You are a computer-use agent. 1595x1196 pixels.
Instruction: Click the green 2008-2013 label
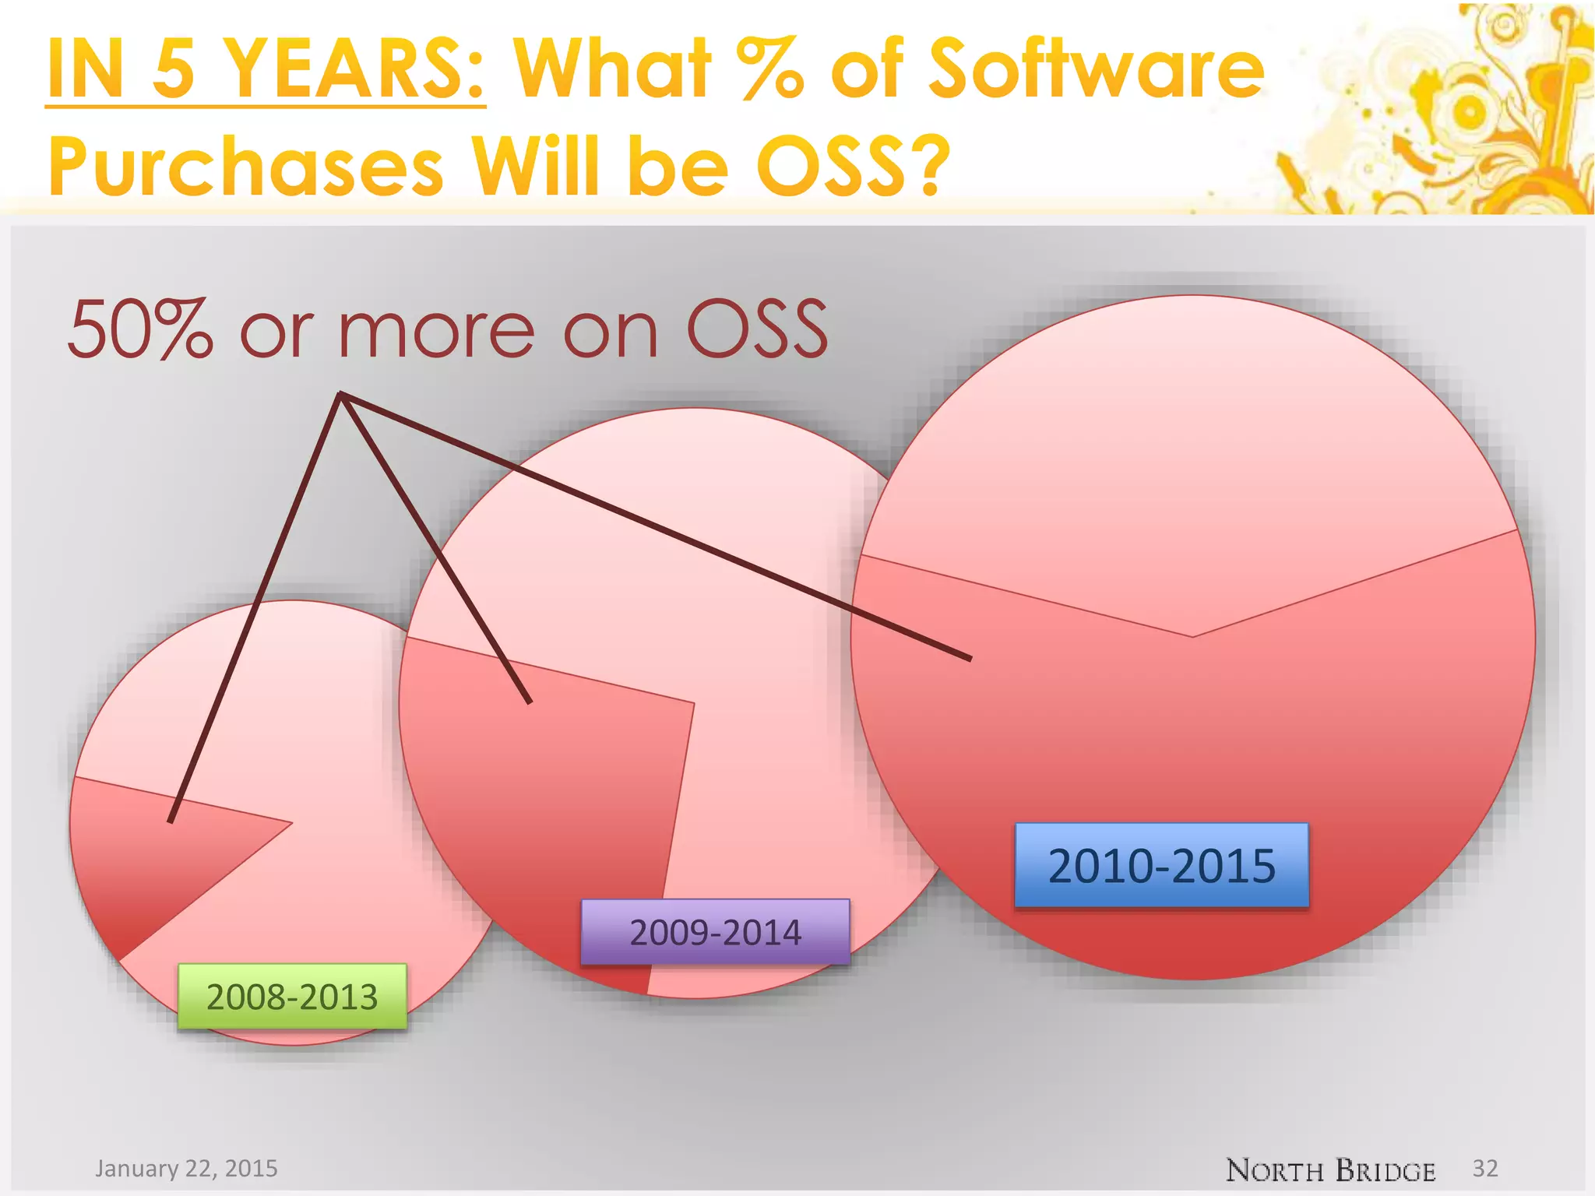[x=292, y=997]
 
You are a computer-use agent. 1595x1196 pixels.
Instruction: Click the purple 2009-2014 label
[x=715, y=932]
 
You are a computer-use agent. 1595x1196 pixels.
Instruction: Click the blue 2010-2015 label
[x=1161, y=865]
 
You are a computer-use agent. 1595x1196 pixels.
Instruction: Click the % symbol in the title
[x=771, y=70]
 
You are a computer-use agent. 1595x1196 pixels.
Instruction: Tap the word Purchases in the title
[x=245, y=166]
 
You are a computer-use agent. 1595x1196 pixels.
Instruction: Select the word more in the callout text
[x=436, y=331]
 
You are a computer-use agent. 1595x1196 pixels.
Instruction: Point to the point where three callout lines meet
[x=341, y=395]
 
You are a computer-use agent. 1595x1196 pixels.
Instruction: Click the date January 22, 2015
[x=186, y=1168]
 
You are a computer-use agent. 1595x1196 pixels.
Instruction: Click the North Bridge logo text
[x=1329, y=1170]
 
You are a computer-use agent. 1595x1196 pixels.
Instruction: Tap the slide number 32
[x=1484, y=1168]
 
